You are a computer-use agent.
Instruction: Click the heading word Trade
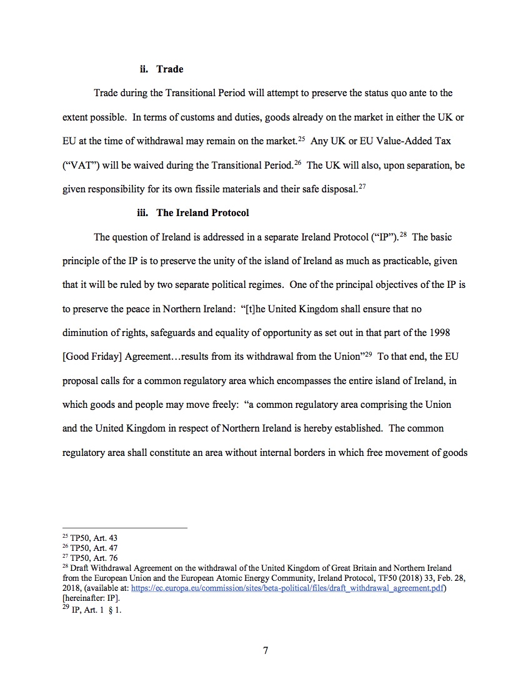tap(169, 69)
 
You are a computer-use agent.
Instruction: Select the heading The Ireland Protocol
tap(202, 213)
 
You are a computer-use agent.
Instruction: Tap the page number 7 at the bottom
tap(265, 650)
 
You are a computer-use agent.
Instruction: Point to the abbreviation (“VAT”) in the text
tap(79, 166)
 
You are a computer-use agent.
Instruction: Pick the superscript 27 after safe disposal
tap(362, 187)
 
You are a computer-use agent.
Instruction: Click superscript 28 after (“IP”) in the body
tap(404, 234)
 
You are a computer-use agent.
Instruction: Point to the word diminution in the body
tap(87, 332)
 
